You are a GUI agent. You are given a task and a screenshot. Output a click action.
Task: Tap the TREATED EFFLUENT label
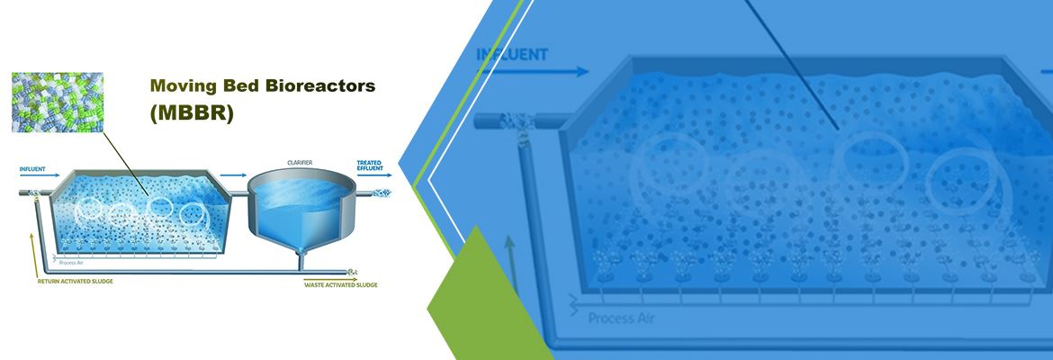(x=370, y=166)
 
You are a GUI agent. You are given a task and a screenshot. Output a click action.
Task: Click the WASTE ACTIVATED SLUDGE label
(x=341, y=284)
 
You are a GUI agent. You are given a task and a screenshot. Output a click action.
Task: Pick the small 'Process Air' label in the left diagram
(x=72, y=264)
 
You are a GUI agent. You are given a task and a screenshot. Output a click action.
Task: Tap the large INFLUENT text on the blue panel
(x=512, y=54)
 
